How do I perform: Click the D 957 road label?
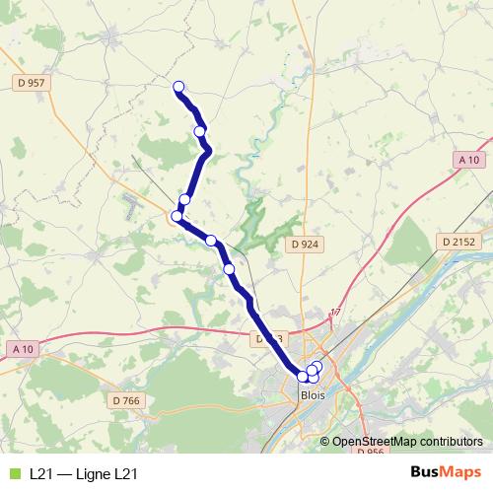tap(32, 83)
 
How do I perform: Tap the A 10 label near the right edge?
tap(468, 160)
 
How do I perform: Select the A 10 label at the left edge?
tap(22, 348)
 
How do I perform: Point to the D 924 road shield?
tap(305, 244)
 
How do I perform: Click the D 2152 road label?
tap(458, 241)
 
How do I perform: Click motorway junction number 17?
tap(334, 313)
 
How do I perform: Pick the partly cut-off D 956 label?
tap(370, 452)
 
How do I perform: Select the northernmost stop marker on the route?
tap(178, 87)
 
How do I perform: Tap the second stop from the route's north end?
tap(200, 131)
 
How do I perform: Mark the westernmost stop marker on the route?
tap(177, 216)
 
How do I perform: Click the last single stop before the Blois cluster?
tap(229, 268)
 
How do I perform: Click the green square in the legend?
tap(13, 474)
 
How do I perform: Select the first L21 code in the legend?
tap(41, 474)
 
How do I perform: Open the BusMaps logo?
tap(446, 473)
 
